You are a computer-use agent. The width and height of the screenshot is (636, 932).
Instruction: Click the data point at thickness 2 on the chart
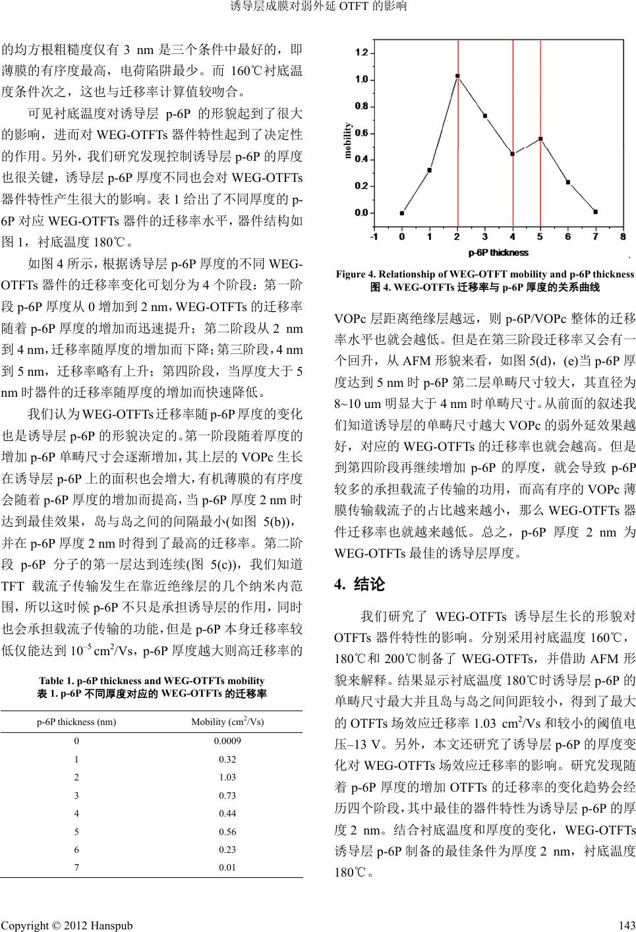(x=457, y=76)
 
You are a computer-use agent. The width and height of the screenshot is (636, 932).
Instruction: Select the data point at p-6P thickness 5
(x=540, y=139)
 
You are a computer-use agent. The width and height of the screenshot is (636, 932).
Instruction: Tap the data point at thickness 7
(x=595, y=212)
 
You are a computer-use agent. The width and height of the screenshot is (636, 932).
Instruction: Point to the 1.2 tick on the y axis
(x=362, y=52)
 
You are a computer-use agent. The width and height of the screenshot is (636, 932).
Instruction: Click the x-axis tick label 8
(x=623, y=236)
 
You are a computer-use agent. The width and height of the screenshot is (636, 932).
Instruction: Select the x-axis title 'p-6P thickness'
(x=498, y=252)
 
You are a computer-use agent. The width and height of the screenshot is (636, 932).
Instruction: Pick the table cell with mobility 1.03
(x=227, y=777)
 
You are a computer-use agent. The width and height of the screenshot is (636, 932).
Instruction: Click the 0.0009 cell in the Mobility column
(x=227, y=740)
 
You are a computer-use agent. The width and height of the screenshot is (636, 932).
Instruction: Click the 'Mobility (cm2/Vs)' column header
(x=227, y=721)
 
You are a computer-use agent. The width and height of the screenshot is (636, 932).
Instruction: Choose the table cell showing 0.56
(x=227, y=832)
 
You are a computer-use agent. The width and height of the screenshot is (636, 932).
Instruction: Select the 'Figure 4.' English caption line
(x=484, y=274)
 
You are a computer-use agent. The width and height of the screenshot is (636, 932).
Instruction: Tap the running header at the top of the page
(x=318, y=7)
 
